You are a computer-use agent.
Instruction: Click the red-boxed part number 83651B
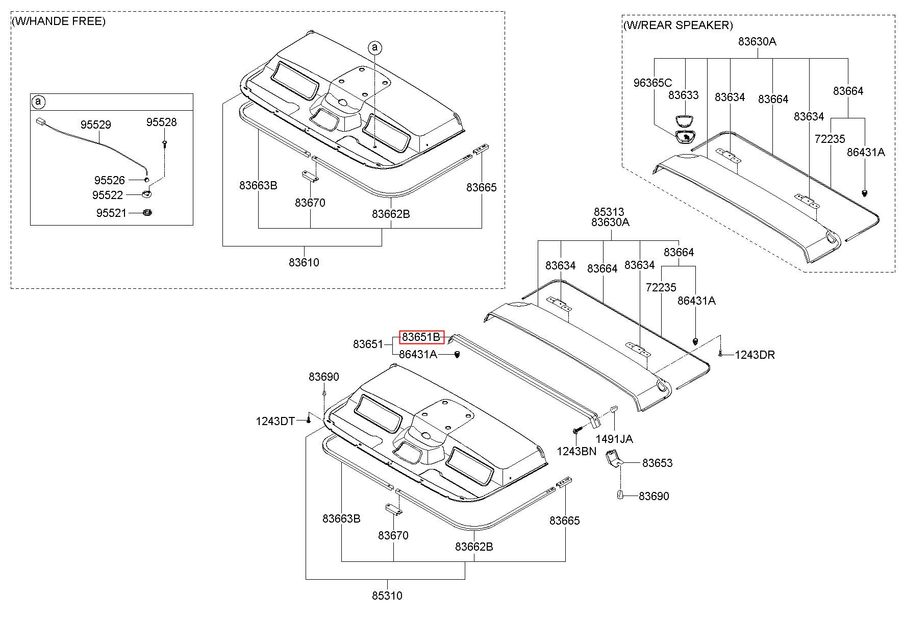point(421,337)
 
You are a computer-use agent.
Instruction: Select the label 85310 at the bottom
point(387,596)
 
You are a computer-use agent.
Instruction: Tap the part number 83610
point(304,262)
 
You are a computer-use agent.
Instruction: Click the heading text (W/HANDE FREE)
point(59,21)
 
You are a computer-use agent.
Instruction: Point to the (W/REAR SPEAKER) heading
point(678,25)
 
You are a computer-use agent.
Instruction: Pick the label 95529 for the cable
point(95,125)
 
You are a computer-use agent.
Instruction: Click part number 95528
point(161,122)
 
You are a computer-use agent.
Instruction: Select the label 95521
point(111,213)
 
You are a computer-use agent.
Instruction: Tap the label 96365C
point(653,83)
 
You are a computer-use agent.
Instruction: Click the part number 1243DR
point(755,355)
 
